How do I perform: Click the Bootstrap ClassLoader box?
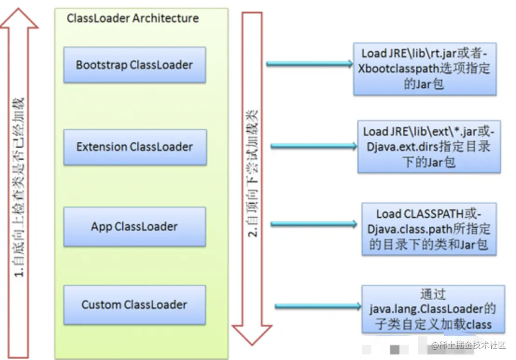click(x=134, y=65)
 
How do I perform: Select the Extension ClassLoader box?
click(x=135, y=147)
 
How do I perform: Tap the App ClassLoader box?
click(x=134, y=226)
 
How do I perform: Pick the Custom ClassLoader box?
click(x=134, y=305)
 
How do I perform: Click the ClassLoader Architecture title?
click(x=132, y=18)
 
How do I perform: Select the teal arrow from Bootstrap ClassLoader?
click(x=309, y=63)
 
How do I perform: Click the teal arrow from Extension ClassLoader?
click(x=314, y=146)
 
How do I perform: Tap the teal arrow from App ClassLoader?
click(x=314, y=224)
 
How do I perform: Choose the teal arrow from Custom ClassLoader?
click(x=318, y=306)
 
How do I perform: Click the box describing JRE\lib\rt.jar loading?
click(x=425, y=69)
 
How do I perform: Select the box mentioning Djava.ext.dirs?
click(x=429, y=147)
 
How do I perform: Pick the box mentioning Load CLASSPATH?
click(x=429, y=229)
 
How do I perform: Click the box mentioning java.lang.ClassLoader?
click(x=433, y=309)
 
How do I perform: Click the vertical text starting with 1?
click(x=19, y=187)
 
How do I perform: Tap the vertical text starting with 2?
click(x=252, y=173)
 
